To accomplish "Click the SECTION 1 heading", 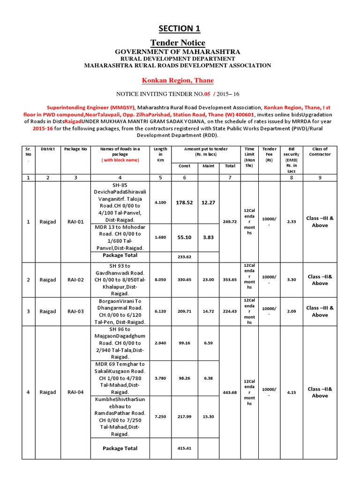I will (179, 29).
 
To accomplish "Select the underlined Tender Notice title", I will (179, 43).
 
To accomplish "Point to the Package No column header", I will (75, 149).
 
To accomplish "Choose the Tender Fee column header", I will (269, 151).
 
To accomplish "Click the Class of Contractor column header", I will (320, 151).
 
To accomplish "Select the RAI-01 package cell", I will (75, 222).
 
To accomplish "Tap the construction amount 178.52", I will (184, 203).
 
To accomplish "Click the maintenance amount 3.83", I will (208, 237).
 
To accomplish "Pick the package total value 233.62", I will (184, 257).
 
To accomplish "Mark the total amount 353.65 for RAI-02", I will (230, 280).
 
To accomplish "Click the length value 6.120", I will (160, 311).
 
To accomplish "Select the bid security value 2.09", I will (291, 311).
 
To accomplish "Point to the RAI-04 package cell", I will (75, 392).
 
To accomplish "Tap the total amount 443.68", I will (230, 392).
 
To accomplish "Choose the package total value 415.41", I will (184, 449).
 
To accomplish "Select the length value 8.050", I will (160, 280).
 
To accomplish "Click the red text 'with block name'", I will (120, 160).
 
